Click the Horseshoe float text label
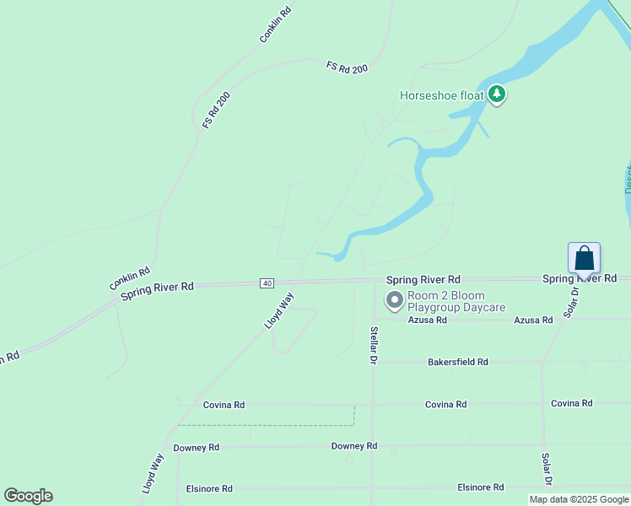coord(441,95)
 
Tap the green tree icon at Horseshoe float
coord(497,94)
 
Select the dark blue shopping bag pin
coord(585,258)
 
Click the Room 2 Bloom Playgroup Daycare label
coord(456,301)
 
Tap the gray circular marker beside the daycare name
coord(394,299)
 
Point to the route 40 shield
coord(267,283)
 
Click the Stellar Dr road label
coord(372,345)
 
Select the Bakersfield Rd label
coord(458,362)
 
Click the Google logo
coord(28,496)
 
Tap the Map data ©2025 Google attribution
coord(580,499)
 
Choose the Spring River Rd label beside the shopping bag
coord(580,278)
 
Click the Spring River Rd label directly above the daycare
coord(423,279)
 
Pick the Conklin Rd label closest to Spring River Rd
coord(129,279)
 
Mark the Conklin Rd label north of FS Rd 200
coord(275,25)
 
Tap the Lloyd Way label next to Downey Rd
coord(153,473)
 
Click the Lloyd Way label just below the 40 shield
coord(280,310)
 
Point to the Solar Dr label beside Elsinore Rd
coord(546,468)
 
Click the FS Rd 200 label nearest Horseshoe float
coord(347,67)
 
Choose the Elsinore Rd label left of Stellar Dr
coord(209,488)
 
